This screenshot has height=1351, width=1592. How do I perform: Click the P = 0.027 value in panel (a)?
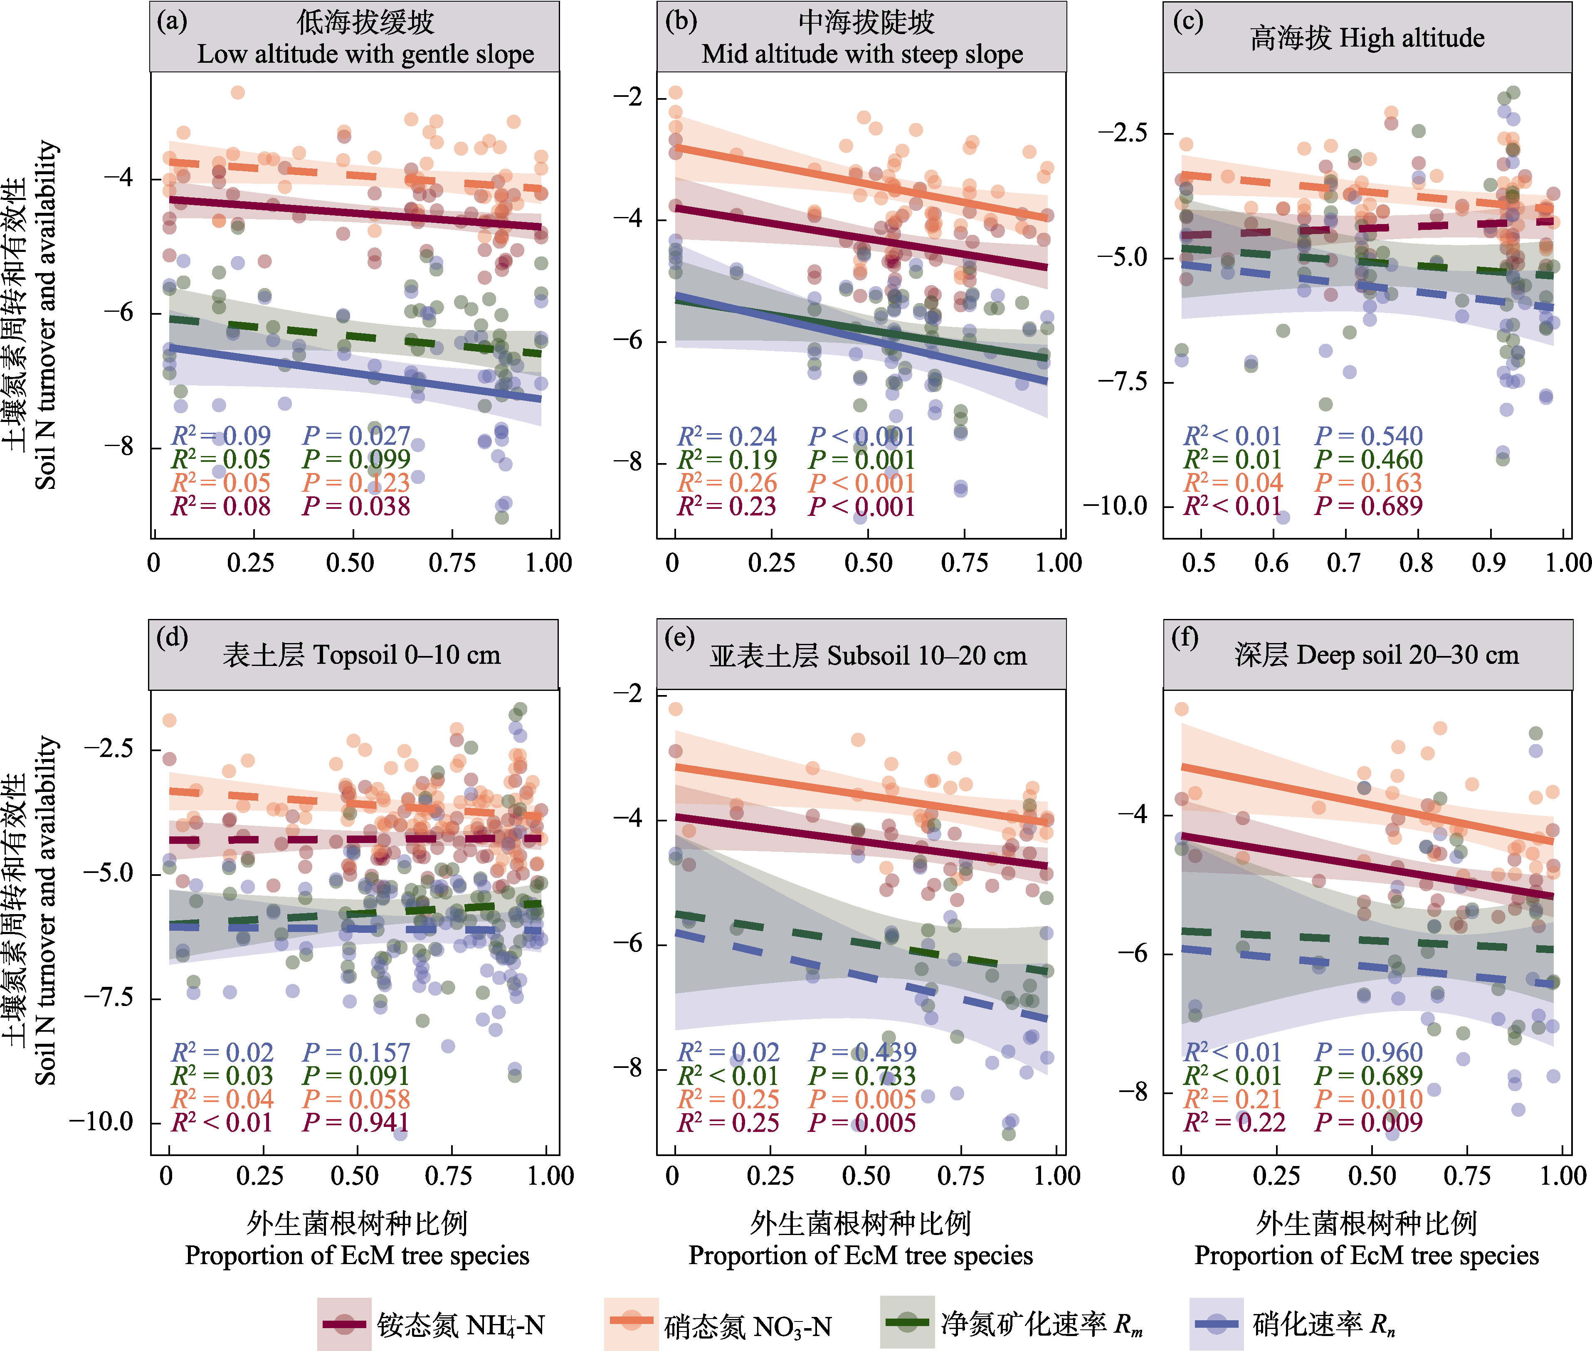click(356, 436)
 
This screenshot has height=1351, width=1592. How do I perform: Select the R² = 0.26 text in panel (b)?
click(727, 483)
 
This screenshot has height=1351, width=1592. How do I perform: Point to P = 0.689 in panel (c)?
click(1368, 506)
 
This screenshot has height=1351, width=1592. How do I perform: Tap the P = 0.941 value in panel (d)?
click(356, 1123)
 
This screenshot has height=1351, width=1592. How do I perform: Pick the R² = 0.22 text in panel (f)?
click(1234, 1123)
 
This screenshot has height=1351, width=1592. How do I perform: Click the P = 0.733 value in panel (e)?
click(863, 1076)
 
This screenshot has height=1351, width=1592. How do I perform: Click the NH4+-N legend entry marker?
click(344, 1324)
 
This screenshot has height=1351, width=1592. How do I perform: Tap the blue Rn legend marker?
click(1217, 1324)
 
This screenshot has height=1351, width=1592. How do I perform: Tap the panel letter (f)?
click(1185, 637)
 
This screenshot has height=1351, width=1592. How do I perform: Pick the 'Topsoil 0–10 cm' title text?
click(407, 655)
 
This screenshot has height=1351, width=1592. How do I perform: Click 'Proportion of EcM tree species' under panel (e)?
click(860, 1256)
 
